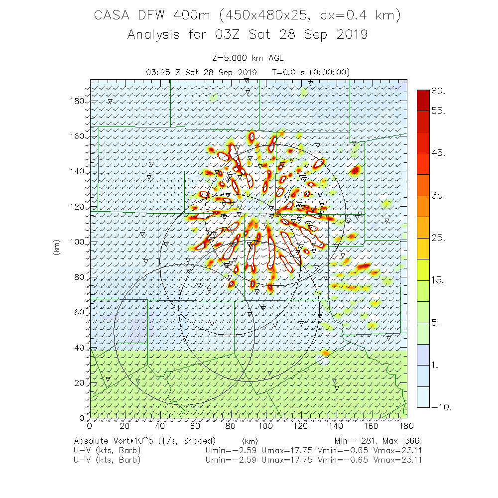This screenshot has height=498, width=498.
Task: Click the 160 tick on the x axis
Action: tap(372, 426)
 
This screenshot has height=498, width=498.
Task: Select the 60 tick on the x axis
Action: tap(195, 426)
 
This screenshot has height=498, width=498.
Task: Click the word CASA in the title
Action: tap(113, 16)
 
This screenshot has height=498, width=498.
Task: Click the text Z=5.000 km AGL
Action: tap(248, 59)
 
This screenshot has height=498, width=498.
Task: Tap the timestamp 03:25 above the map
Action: tap(158, 72)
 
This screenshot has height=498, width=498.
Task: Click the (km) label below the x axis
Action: tap(249, 441)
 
